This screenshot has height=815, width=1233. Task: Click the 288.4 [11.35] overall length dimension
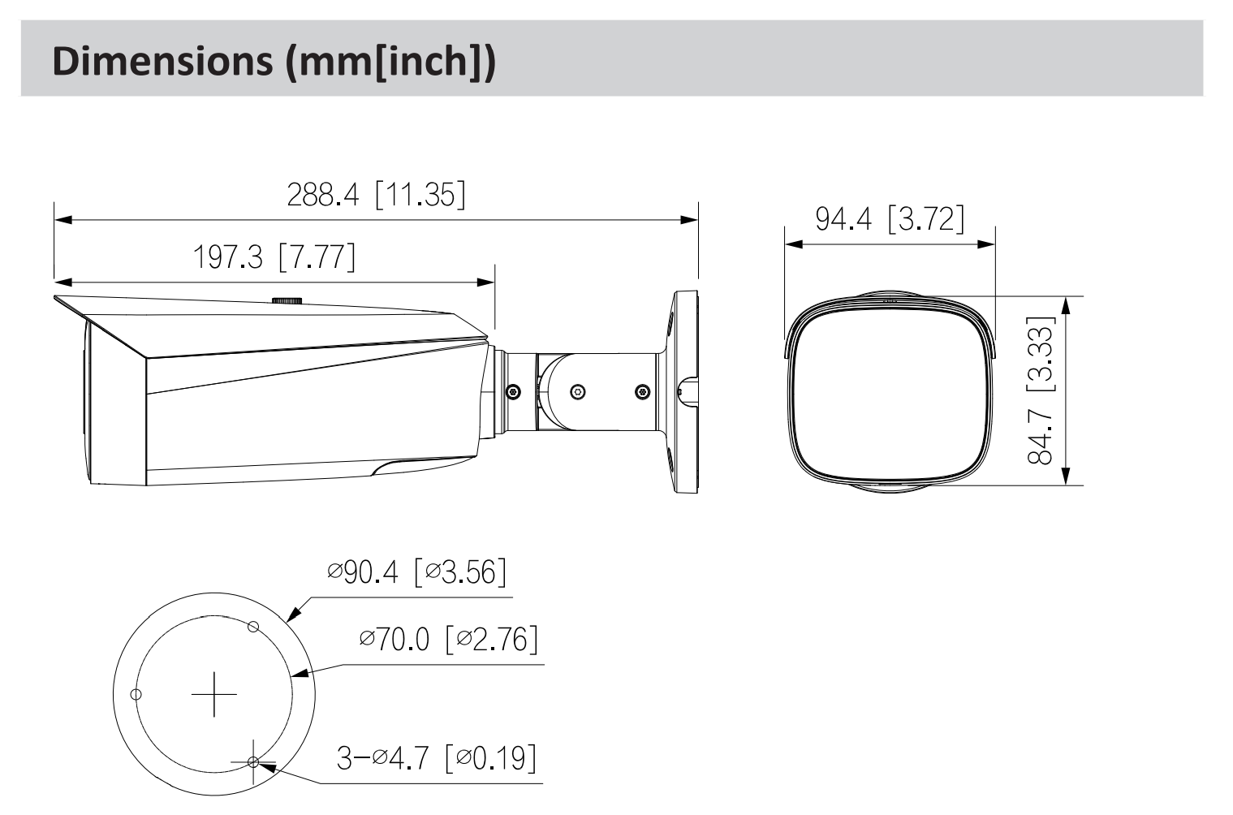[x=376, y=194]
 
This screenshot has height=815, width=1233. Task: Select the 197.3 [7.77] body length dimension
[x=274, y=257]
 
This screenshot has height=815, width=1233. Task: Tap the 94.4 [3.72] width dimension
[x=890, y=218]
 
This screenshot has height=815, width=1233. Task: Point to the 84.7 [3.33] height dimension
[x=1041, y=390]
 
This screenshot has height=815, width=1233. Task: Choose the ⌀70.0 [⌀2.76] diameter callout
[x=449, y=639]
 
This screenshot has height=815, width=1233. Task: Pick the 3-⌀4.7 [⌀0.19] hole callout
[x=437, y=757]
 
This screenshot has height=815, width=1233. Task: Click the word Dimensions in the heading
[x=162, y=61]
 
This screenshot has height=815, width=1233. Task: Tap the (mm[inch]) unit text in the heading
[x=390, y=62]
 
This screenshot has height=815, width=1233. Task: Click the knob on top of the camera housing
[x=287, y=300]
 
